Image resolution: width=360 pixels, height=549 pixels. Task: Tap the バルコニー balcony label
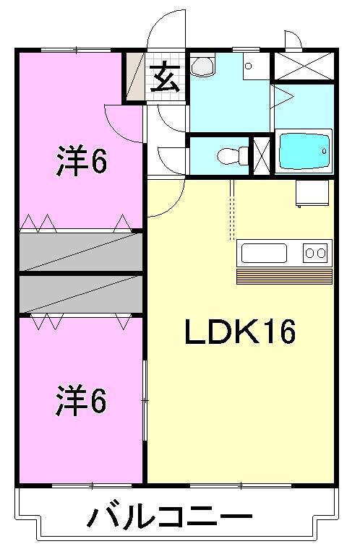click(x=170, y=517)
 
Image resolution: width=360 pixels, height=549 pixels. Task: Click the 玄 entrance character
click(x=166, y=77)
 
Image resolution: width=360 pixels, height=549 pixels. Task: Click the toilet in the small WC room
click(x=228, y=155)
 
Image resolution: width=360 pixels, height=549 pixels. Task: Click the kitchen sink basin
click(x=264, y=253)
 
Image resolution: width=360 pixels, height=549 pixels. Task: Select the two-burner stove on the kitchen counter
click(x=316, y=253)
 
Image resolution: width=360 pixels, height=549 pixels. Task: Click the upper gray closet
click(x=81, y=251)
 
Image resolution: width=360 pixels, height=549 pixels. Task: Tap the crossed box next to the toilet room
click(x=262, y=155)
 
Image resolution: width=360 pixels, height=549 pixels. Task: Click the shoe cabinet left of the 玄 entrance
click(x=135, y=77)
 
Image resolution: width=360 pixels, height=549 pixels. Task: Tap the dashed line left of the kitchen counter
click(x=231, y=209)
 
